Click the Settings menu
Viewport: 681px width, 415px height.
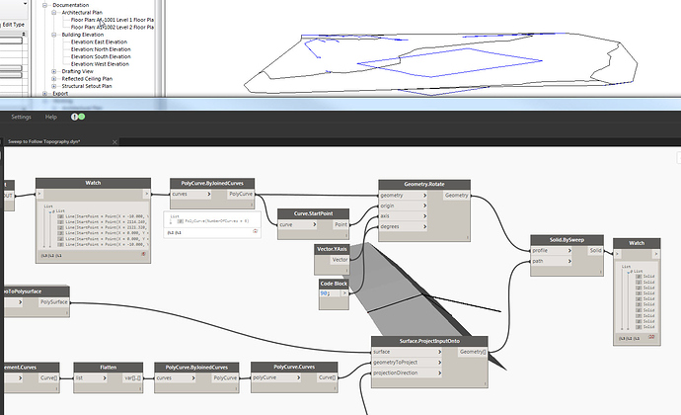[x=22, y=117]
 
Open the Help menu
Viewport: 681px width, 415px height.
[x=64, y=117]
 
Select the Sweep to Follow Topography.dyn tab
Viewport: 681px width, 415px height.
[x=43, y=141]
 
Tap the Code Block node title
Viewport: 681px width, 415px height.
[x=333, y=283]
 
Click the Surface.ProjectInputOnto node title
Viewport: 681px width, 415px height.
[x=428, y=342]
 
